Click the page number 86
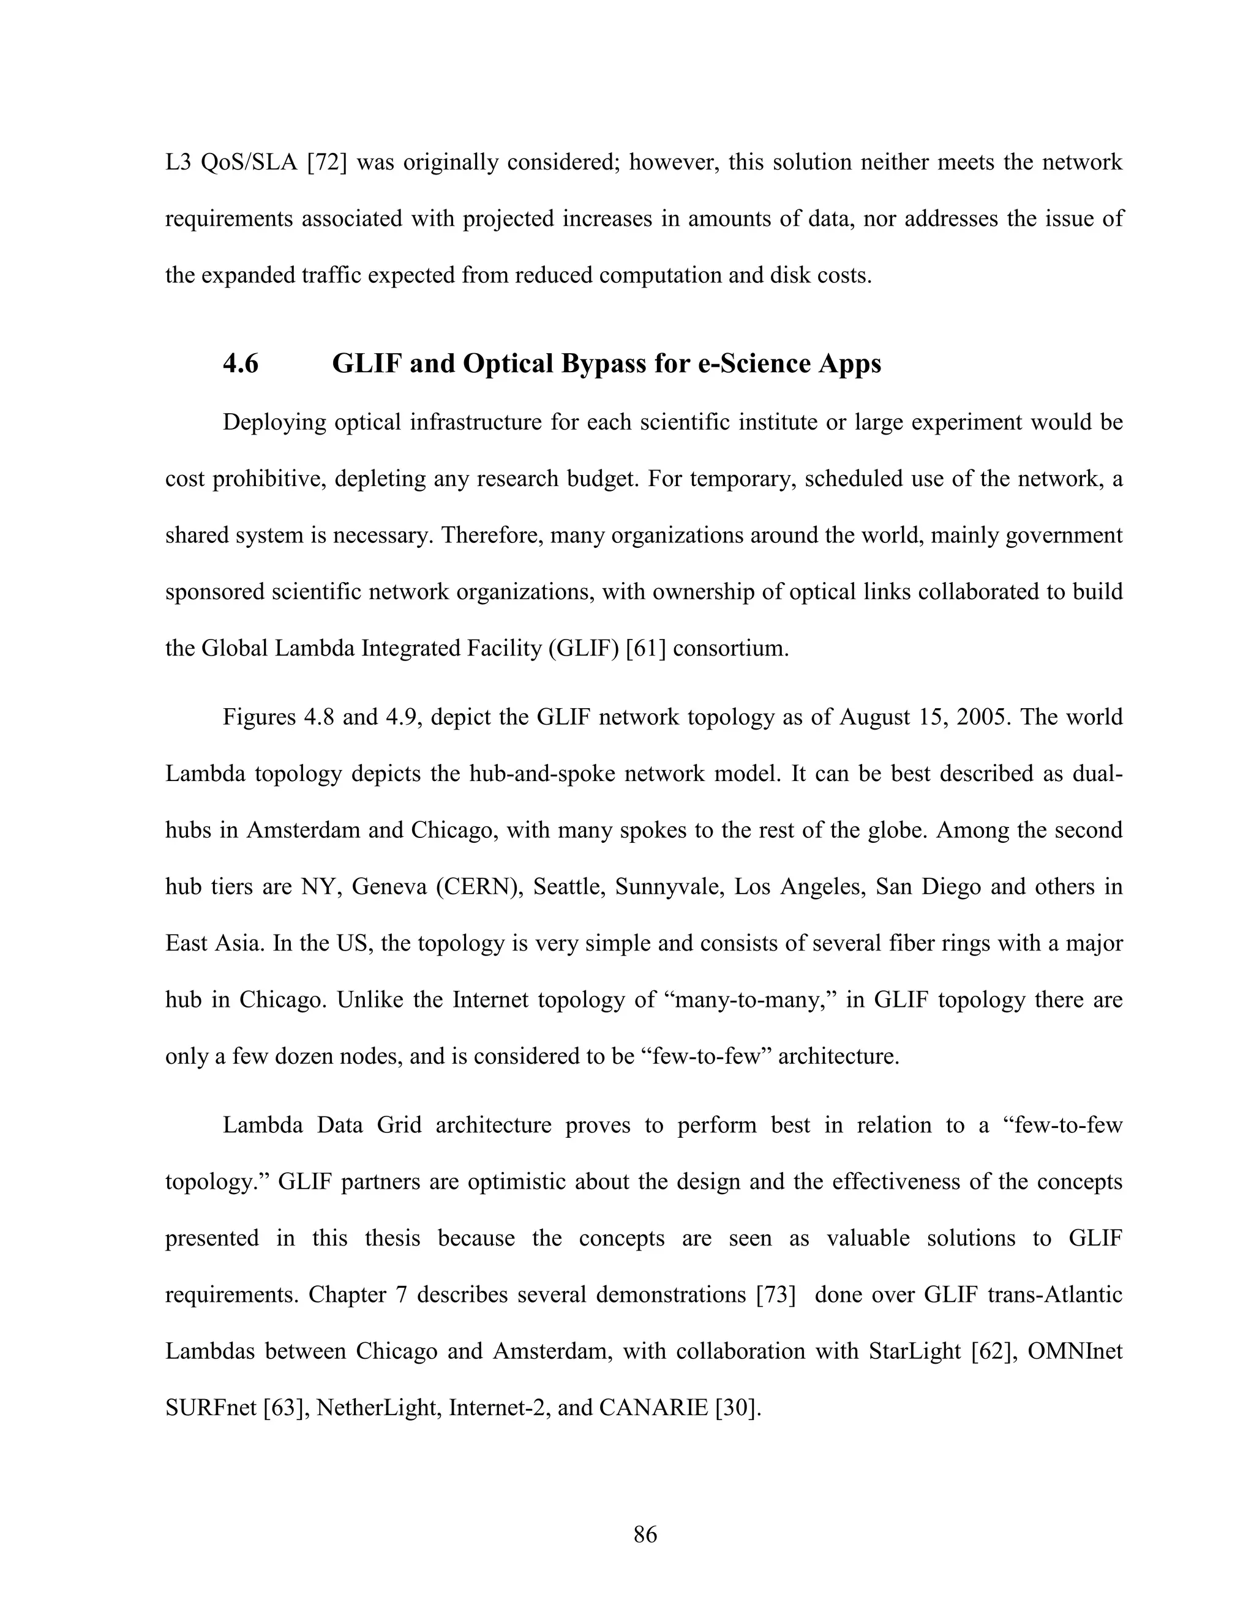point(645,1534)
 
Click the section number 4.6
point(241,364)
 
